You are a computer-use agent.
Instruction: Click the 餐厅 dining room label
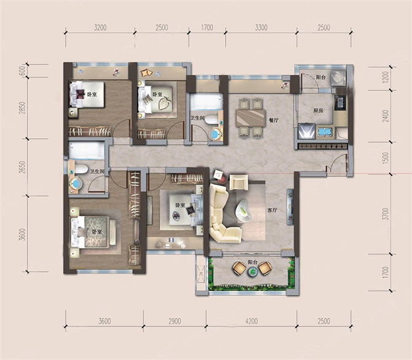[x=273, y=120]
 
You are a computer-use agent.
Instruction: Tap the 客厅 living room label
[x=272, y=210]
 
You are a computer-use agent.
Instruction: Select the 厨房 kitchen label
[x=318, y=111]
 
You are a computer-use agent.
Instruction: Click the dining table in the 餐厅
[x=251, y=118]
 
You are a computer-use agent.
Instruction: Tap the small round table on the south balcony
[x=253, y=272]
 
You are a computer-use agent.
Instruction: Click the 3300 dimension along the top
[x=261, y=27]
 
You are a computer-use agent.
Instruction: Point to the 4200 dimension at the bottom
[x=252, y=321]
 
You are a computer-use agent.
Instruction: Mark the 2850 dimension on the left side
[x=23, y=108]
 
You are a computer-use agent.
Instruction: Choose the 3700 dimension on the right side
[x=385, y=214]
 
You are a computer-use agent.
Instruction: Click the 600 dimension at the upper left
[x=23, y=71]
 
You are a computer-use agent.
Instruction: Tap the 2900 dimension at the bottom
[x=175, y=321]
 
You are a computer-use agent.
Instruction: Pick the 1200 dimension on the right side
[x=385, y=77]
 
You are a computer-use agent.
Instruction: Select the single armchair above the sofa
[x=239, y=182]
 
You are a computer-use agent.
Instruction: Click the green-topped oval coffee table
[x=244, y=209]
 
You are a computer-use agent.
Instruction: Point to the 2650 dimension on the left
[x=23, y=168]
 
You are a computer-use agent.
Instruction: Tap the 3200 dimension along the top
[x=100, y=27]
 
